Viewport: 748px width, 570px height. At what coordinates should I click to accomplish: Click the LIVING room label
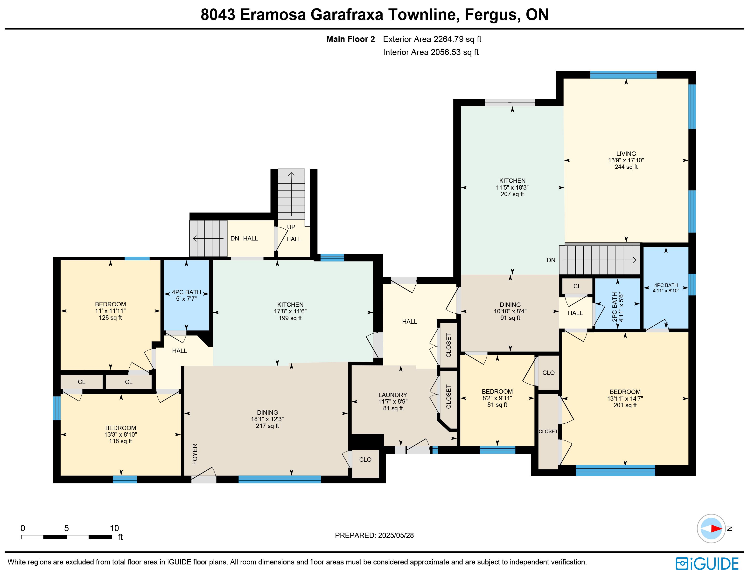click(626, 154)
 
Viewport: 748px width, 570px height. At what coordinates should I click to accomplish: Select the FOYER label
click(195, 454)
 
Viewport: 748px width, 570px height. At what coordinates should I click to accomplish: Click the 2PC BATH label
click(615, 307)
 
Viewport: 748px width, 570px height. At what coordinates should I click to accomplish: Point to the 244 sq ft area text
click(626, 167)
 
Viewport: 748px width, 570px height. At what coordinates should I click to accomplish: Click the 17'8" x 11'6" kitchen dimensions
click(290, 311)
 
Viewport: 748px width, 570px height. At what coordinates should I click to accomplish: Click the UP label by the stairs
click(291, 227)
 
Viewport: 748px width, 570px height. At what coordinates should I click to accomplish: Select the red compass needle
click(716, 529)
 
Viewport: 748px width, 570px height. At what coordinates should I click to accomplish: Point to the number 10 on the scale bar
click(114, 528)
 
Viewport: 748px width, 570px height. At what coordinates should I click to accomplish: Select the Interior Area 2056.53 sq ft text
click(431, 52)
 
